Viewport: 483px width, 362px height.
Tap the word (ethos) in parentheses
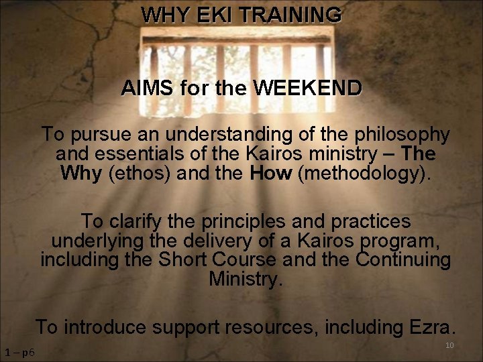(139, 174)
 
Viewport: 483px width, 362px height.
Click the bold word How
(271, 174)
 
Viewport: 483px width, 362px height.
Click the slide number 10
(449, 345)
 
